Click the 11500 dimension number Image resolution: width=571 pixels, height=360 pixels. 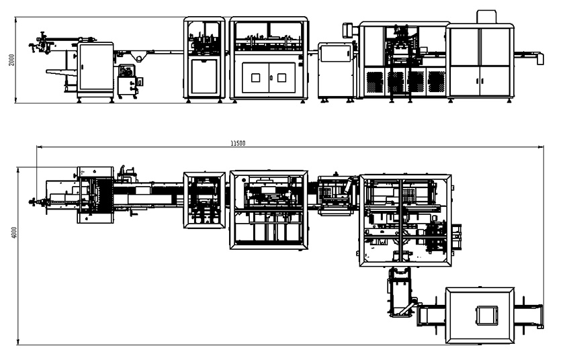[x=238, y=144]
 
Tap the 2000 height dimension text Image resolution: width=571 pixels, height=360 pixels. [x=11, y=60]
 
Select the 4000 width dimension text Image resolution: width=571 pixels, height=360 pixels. [x=14, y=232]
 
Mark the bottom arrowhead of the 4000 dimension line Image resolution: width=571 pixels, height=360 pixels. [x=18, y=341]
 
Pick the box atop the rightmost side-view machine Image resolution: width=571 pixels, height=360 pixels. [x=486, y=17]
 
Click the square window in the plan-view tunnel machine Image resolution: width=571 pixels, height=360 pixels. [x=487, y=315]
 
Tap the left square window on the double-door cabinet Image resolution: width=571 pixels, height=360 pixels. [x=256, y=77]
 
